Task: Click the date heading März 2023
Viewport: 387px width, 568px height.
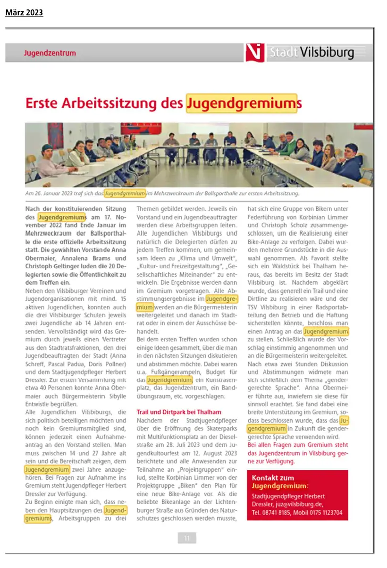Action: pyautogui.click(x=24, y=13)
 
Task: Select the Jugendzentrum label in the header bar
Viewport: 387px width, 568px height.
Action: pyautogui.click(x=50, y=53)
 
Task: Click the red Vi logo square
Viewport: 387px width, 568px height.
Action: pyautogui.click(x=254, y=52)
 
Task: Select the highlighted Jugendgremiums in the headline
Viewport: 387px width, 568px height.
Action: pyautogui.click(x=244, y=103)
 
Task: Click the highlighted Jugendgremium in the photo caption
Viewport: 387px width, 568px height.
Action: pyautogui.click(x=125, y=193)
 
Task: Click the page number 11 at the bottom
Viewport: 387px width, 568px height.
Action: pyautogui.click(x=187, y=538)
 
